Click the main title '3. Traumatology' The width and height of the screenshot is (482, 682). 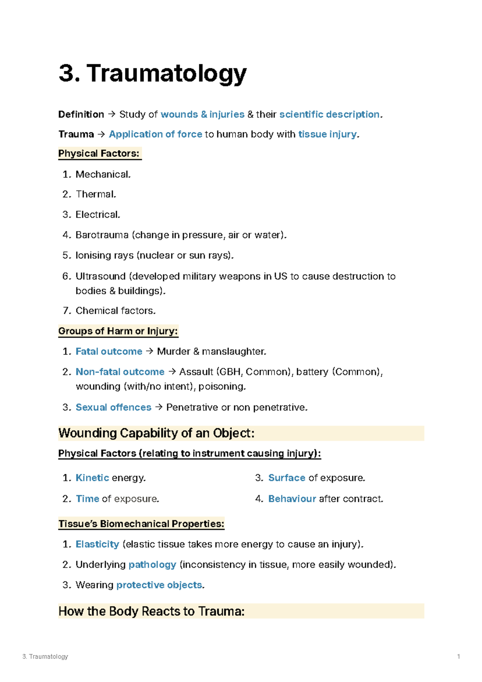pyautogui.click(x=152, y=74)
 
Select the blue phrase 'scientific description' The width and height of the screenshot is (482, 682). pyautogui.click(x=329, y=115)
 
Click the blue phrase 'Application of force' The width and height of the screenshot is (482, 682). pyautogui.click(x=155, y=134)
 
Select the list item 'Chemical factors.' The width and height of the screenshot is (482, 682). pyautogui.click(x=115, y=311)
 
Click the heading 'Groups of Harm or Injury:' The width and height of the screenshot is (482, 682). pyautogui.click(x=118, y=331)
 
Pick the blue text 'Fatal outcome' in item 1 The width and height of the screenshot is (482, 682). pyautogui.click(x=109, y=352)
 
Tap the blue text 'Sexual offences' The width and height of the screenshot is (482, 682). pyautogui.click(x=113, y=408)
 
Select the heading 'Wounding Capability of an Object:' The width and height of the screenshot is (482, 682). pyautogui.click(x=156, y=433)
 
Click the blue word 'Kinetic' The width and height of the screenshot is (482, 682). pyautogui.click(x=92, y=478)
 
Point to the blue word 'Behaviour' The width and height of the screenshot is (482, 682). pyautogui.click(x=292, y=499)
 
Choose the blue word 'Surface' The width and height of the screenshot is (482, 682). pyautogui.click(x=287, y=478)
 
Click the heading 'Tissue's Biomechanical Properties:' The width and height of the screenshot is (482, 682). pyautogui.click(x=141, y=524)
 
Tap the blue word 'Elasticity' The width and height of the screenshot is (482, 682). pyautogui.click(x=97, y=544)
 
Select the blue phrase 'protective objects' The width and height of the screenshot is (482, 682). pyautogui.click(x=159, y=585)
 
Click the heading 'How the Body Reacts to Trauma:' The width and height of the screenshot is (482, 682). pyautogui.click(x=151, y=611)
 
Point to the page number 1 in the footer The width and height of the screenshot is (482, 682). pyautogui.click(x=458, y=657)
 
